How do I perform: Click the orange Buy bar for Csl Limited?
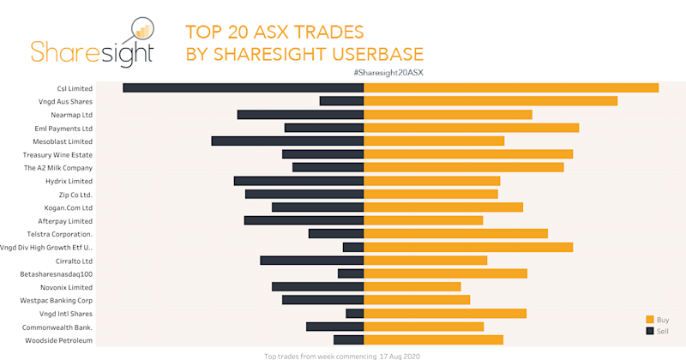(x=511, y=87)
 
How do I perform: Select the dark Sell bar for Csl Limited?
(x=244, y=87)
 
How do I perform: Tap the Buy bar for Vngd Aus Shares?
(x=490, y=101)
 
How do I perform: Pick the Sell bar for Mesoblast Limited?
(x=287, y=141)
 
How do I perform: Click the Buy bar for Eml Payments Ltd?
(x=472, y=128)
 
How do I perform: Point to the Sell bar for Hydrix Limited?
(x=298, y=181)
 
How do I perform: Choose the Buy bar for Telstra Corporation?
(x=456, y=233)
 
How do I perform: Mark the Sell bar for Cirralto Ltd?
(x=312, y=260)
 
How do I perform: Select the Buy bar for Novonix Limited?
(x=412, y=286)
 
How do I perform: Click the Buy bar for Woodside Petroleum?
(x=434, y=339)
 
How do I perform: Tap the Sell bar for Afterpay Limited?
(x=304, y=220)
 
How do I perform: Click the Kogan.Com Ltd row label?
(x=68, y=207)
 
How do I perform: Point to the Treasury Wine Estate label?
(x=57, y=154)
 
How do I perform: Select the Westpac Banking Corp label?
(x=56, y=300)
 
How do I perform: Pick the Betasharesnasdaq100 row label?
(x=56, y=273)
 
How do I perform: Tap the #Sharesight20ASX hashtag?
(x=388, y=73)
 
